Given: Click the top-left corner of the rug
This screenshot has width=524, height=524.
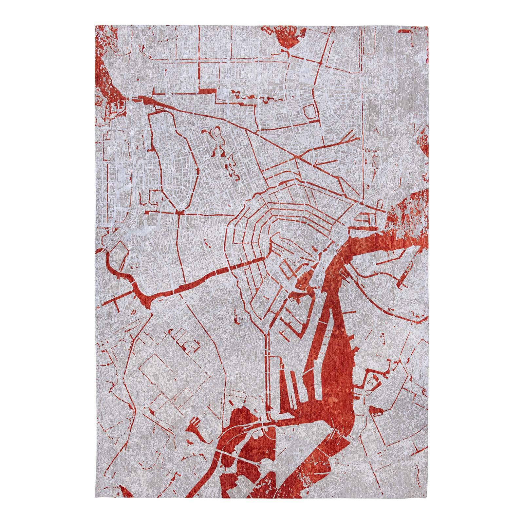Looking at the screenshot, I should coord(95,25).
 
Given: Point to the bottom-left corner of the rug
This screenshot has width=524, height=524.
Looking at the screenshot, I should coord(95,500).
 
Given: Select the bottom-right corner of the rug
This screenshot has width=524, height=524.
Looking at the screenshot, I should coord(429,500).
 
